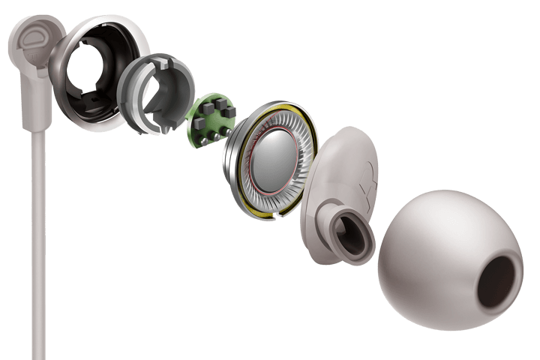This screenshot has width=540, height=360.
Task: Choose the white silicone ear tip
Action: tap(442, 247)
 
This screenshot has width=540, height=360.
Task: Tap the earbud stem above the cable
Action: tap(34, 97)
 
